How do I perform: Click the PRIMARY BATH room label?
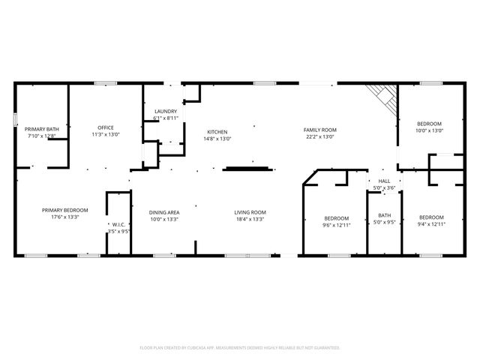point(42,129)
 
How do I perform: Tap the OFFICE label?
point(106,127)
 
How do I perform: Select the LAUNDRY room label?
point(166,111)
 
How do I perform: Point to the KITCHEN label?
point(217,131)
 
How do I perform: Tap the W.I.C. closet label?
point(118,224)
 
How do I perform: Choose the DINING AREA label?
point(163,212)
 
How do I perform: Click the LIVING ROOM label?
point(251,212)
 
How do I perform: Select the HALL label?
point(384,181)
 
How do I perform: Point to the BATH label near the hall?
point(384,215)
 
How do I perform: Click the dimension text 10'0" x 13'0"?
point(430,130)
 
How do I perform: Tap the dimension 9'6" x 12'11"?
point(337,224)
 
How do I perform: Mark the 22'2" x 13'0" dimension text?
point(319,136)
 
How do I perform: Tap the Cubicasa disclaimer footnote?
point(240,348)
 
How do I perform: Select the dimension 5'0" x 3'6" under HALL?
point(384,187)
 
